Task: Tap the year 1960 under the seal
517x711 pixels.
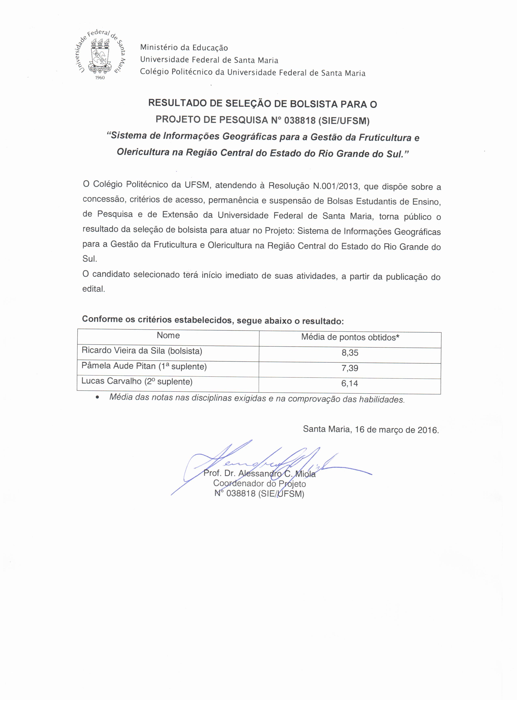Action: [x=100, y=77]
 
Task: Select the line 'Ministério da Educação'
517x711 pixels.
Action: [x=184, y=48]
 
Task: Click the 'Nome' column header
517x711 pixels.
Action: [x=168, y=335]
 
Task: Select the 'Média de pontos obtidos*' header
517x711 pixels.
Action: [x=350, y=337]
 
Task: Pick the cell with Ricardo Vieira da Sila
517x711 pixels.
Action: [x=142, y=351]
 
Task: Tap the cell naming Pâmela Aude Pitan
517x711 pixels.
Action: [x=144, y=366]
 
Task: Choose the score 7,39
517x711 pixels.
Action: [x=350, y=368]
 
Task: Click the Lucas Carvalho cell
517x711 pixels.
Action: [x=137, y=381]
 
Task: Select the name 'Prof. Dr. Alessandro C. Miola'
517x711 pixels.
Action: [x=259, y=474]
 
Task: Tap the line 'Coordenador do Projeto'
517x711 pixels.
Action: [x=259, y=484]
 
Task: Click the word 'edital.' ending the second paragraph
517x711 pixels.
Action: [x=93, y=289]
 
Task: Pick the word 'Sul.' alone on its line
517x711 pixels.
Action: [x=90, y=259]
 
